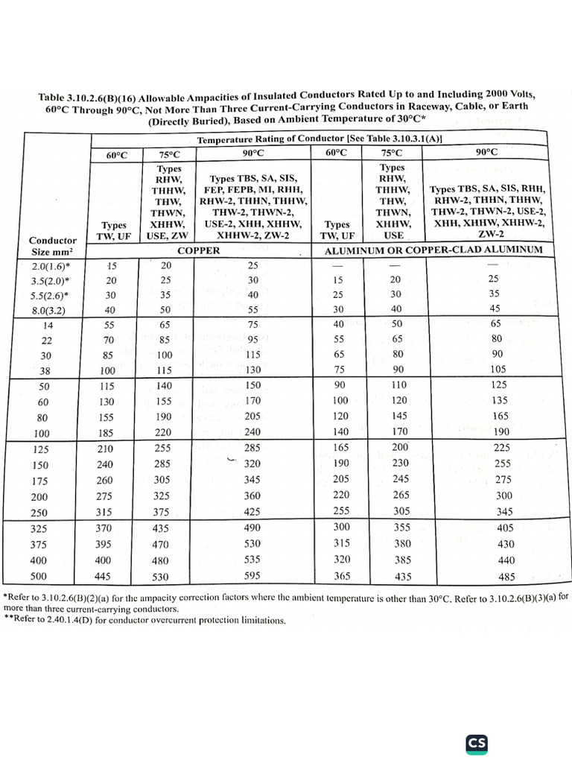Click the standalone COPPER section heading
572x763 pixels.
coord(198,251)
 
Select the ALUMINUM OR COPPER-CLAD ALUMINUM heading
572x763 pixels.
coord(433,250)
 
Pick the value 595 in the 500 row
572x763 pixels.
coord(253,576)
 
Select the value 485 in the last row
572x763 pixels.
coord(485,577)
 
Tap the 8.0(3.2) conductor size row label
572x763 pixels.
coord(51,311)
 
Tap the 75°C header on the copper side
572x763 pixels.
coord(170,154)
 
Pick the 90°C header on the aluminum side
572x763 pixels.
coord(485,152)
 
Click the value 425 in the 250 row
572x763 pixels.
coord(253,512)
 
